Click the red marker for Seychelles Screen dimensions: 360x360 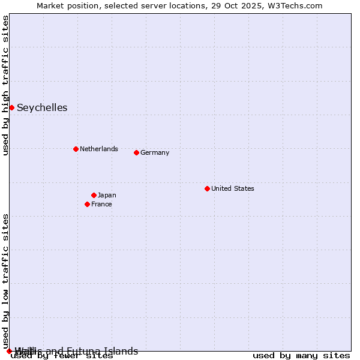click(x=11, y=107)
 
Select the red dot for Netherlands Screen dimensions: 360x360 click(x=76, y=149)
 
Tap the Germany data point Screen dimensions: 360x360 click(x=136, y=152)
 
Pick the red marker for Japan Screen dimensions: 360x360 click(x=94, y=195)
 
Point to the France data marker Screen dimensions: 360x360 click(x=87, y=204)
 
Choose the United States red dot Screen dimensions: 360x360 click(x=207, y=188)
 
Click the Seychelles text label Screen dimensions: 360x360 click(x=42, y=108)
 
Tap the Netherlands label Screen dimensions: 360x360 click(x=99, y=149)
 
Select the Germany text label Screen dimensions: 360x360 click(x=155, y=152)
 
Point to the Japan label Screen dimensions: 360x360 click(x=107, y=195)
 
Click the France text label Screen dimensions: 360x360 click(x=101, y=204)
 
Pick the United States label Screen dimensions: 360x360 click(x=233, y=188)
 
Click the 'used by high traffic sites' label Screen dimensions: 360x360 click(x=5, y=85)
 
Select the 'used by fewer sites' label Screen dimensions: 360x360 click(x=62, y=356)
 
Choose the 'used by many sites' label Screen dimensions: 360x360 click(x=301, y=356)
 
